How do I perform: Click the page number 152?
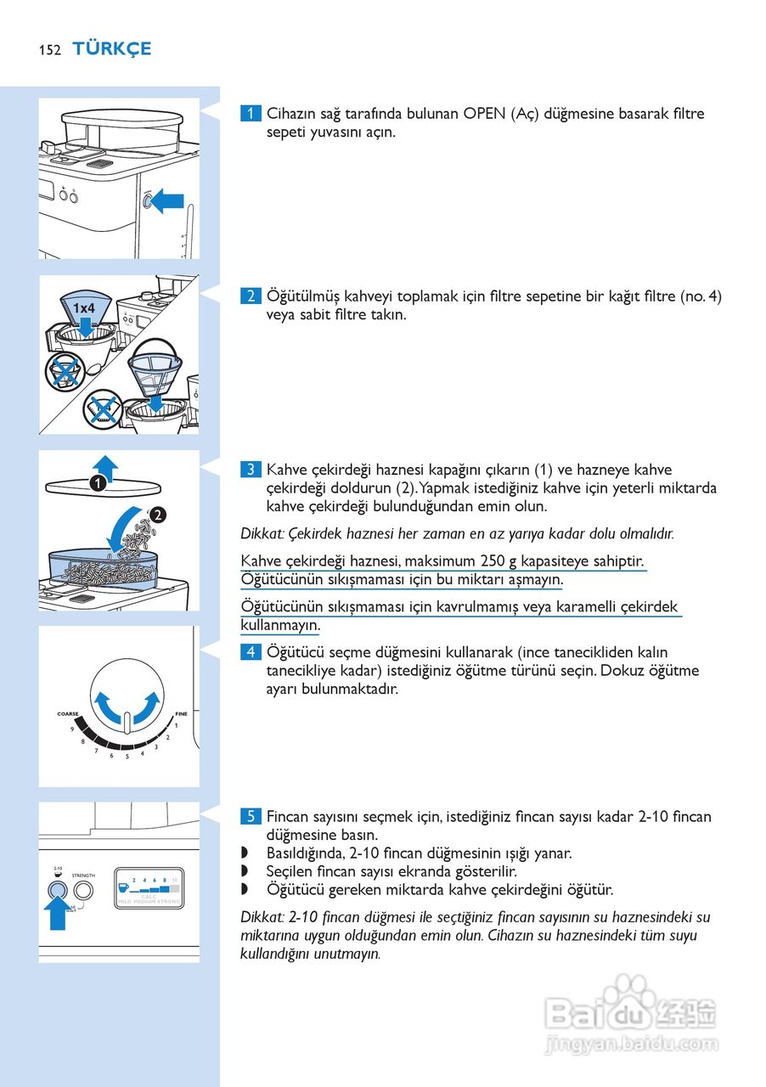click(49, 50)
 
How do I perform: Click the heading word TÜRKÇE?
click(111, 49)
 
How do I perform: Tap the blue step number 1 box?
click(251, 114)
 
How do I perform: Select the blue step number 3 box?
click(251, 470)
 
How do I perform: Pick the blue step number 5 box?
click(251, 817)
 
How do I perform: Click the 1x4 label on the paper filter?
click(83, 307)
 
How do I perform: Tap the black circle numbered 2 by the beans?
click(158, 514)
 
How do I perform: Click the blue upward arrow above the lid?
click(105, 465)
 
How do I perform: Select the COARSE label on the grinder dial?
click(68, 714)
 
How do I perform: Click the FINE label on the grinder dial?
click(181, 714)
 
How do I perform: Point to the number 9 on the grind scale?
click(72, 729)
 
